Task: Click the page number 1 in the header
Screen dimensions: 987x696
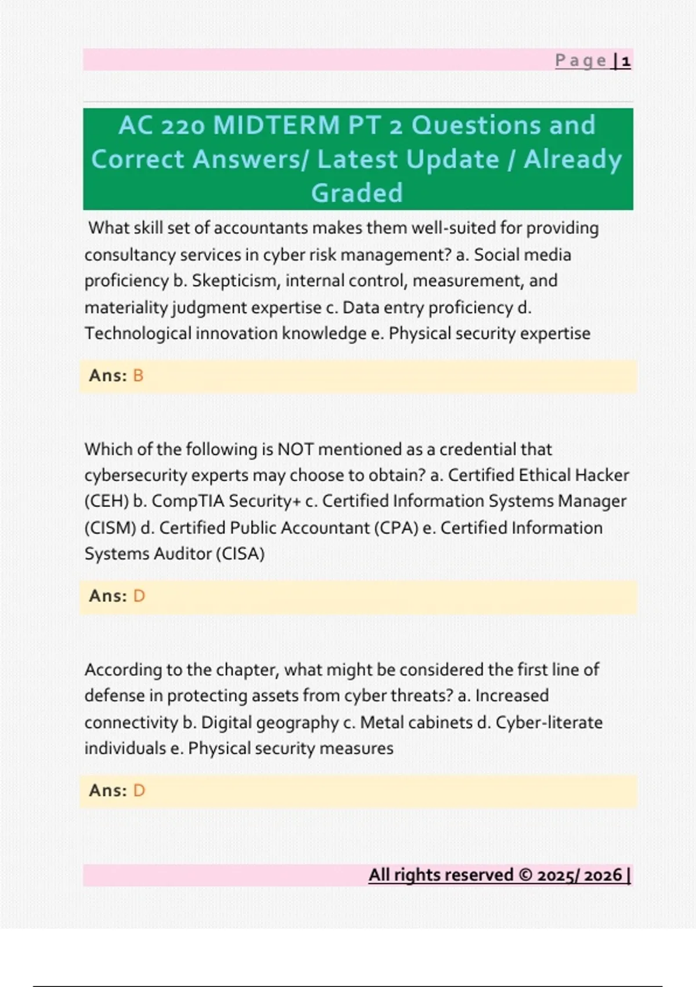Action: (x=626, y=61)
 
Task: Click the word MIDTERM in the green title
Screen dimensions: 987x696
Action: (x=276, y=125)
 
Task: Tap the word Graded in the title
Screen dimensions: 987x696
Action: (x=357, y=193)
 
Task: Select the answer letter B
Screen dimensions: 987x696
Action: (x=138, y=376)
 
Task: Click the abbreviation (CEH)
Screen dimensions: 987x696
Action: (x=106, y=502)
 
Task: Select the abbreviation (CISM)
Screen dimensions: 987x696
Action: (x=110, y=528)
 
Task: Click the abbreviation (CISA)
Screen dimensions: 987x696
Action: (x=240, y=554)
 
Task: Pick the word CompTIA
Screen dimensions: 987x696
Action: (x=187, y=502)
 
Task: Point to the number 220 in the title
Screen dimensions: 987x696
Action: (x=183, y=125)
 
